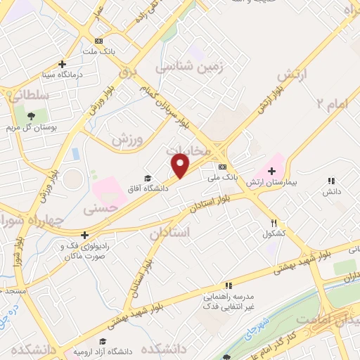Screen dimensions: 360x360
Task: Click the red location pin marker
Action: [181, 166]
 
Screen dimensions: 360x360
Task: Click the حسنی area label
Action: [98, 209]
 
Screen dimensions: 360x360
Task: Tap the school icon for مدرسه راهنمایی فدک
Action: [229, 285]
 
